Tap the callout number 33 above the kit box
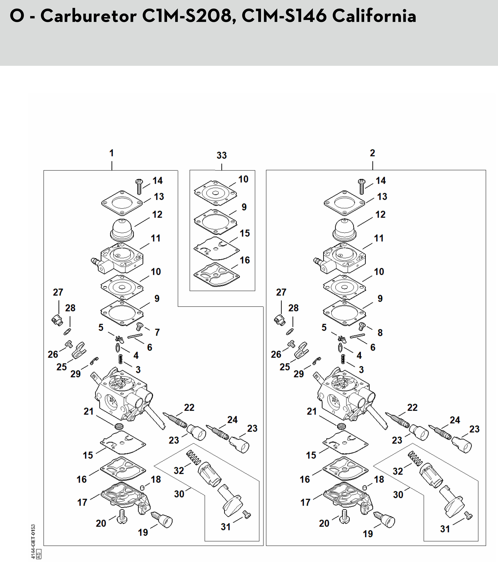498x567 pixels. (x=222, y=155)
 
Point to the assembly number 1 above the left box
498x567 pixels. (x=111, y=153)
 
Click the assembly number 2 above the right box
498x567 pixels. (x=372, y=153)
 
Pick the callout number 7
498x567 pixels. (x=157, y=332)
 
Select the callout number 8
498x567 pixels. (x=380, y=332)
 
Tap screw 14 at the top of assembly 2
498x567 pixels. (x=362, y=186)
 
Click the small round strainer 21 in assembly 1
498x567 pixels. (x=119, y=426)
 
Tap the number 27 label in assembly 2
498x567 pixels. (x=281, y=292)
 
